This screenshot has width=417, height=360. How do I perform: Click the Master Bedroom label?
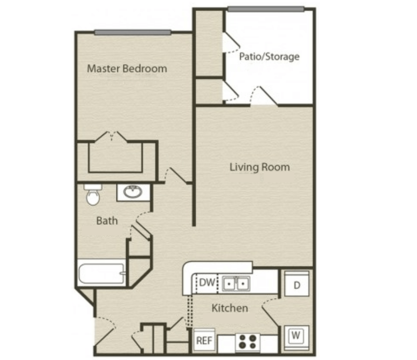coord(127,69)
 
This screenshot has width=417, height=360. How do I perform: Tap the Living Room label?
coord(259,167)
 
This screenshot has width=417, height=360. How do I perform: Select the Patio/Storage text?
coord(269,56)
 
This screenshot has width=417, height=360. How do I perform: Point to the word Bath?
coord(107,221)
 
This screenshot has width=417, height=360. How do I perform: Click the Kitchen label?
coord(230,308)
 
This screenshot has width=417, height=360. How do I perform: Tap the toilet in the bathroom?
coord(93,195)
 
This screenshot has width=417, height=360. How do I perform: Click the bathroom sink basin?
coord(133,192)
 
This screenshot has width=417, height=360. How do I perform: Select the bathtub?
coord(101,274)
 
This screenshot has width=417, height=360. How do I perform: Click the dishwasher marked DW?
coord(207,283)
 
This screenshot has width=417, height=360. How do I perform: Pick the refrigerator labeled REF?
coord(204,340)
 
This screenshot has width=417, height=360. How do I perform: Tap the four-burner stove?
coord(248,342)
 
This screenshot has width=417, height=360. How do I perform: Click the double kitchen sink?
coord(236,283)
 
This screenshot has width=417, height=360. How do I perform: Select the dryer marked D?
coord(297,284)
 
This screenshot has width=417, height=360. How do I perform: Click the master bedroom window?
coord(132,33)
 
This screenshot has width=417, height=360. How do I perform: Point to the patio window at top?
coord(266,10)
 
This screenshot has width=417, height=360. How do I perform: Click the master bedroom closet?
coord(115,157)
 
